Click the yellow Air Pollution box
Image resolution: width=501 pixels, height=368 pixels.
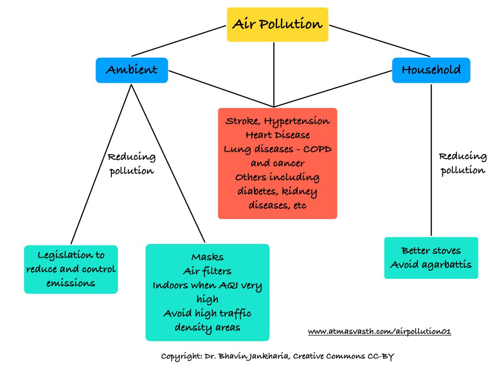[277, 24]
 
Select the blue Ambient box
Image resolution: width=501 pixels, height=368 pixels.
[132, 70]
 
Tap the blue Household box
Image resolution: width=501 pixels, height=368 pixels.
[431, 70]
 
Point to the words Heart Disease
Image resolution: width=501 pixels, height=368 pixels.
[277, 135]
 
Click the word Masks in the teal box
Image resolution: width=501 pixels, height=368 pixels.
[207, 257]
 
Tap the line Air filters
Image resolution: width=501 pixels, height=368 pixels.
[207, 271]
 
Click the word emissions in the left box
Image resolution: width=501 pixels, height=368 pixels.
[71, 283]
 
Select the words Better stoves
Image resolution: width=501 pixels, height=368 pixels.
[431, 251]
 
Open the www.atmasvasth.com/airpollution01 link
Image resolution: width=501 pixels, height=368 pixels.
[380, 332]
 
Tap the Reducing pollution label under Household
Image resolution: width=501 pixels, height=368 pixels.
[463, 164]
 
